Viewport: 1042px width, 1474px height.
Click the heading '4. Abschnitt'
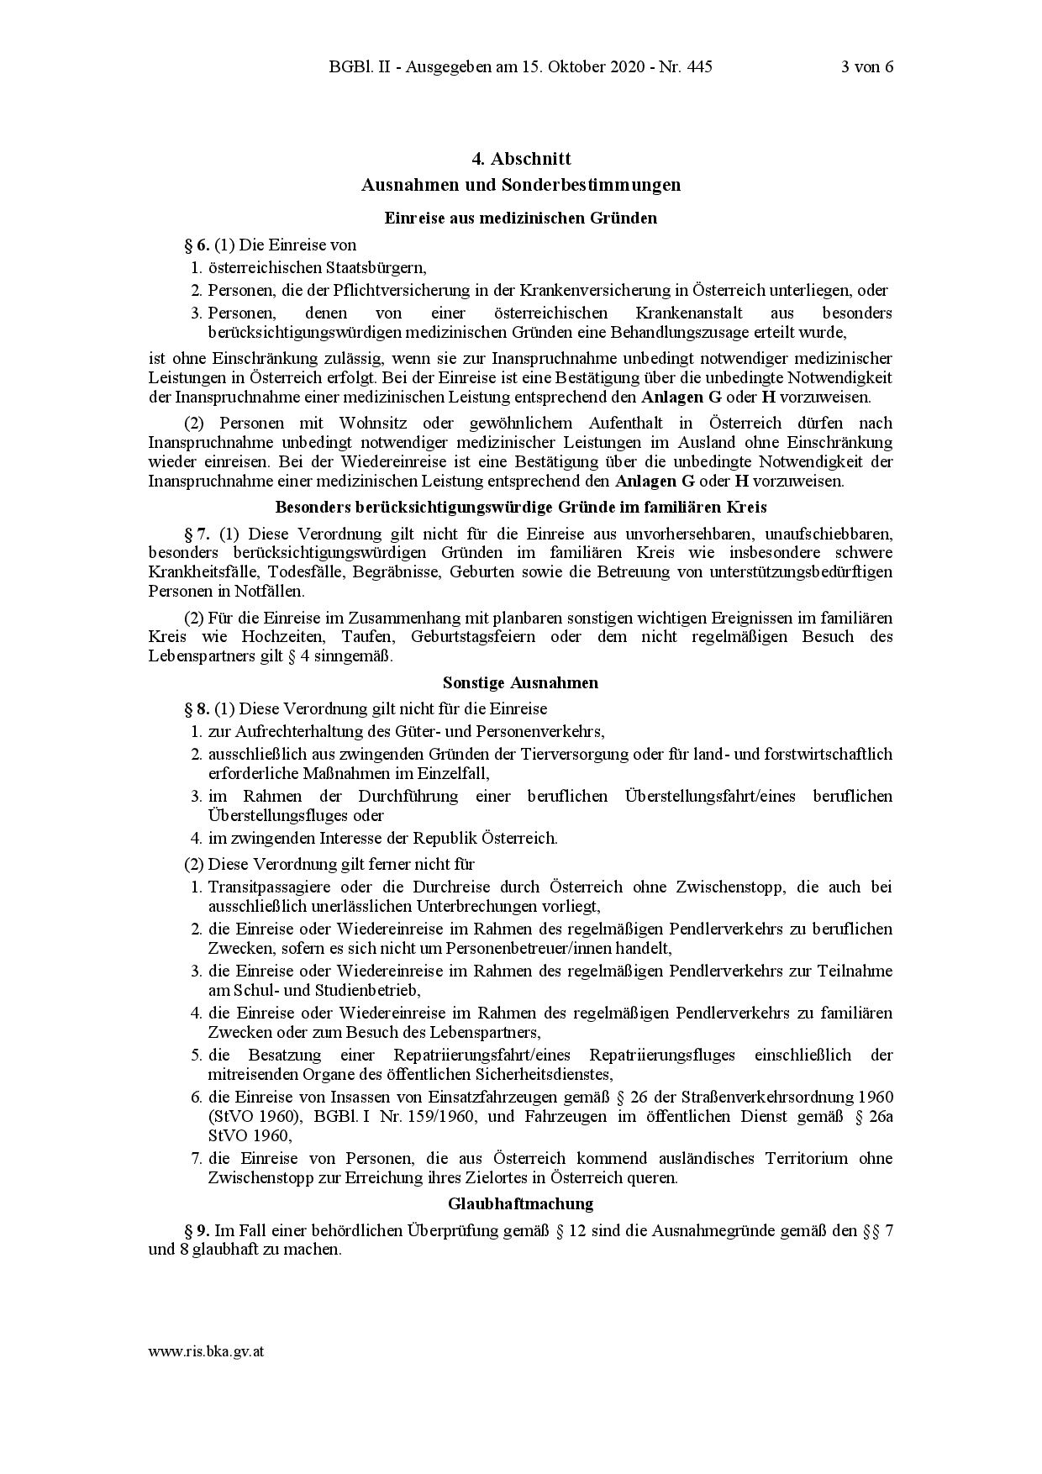520,159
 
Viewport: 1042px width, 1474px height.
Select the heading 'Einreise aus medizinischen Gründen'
520,218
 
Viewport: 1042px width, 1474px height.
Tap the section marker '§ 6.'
197,245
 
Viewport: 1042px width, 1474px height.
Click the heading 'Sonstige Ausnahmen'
520,682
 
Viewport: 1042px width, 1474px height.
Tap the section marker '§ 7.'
198,534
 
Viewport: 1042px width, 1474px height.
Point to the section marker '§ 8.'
197,709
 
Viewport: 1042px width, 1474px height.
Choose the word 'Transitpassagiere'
265,887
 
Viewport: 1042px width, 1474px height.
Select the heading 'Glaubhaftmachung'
520,1204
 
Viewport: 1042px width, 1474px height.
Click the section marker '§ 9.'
197,1231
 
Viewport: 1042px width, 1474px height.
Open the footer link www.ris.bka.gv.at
207,1352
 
